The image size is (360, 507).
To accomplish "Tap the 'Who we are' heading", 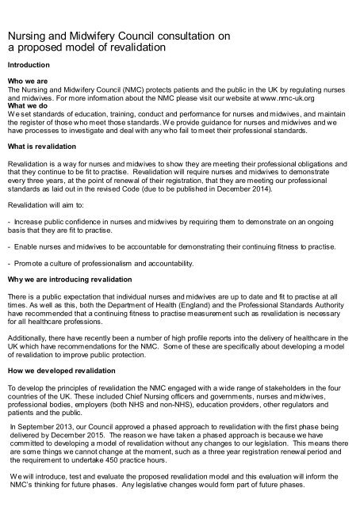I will pyautogui.click(x=27, y=81).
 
